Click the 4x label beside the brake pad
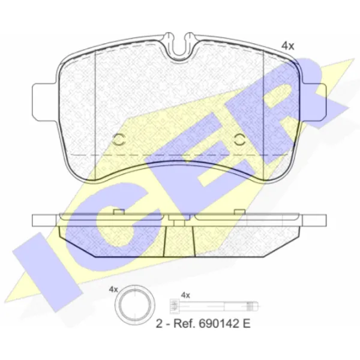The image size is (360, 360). (287, 46)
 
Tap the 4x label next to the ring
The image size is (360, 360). (113, 290)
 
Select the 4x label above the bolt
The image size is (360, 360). (185, 295)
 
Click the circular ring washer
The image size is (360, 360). (134, 305)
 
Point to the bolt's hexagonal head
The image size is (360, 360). (174, 306)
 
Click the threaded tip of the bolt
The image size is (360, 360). (253, 306)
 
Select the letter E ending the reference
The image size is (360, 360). (247, 324)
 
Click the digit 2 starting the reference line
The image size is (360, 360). (159, 324)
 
